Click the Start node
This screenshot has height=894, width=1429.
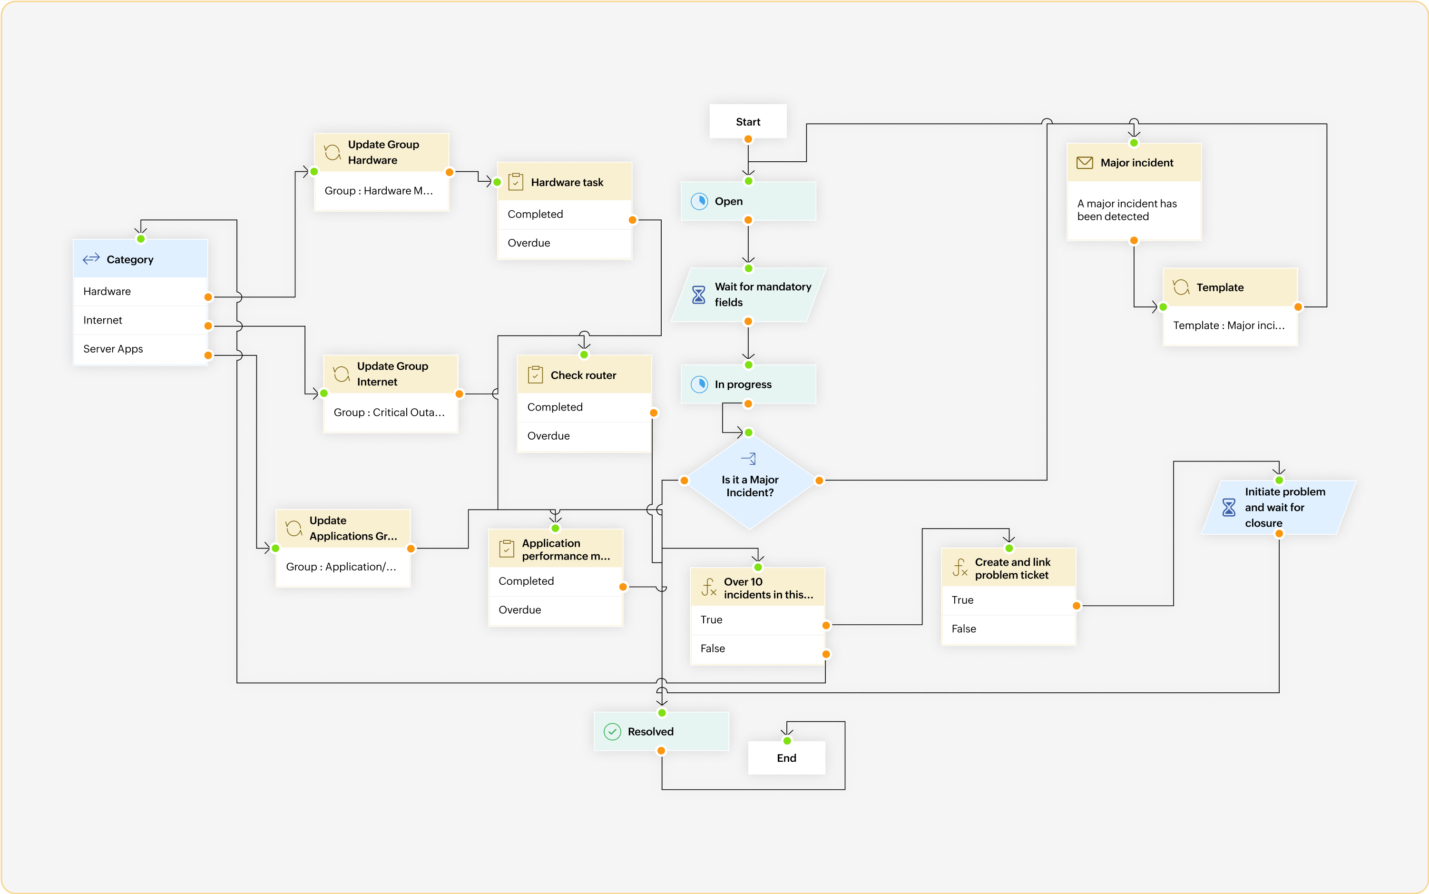pyautogui.click(x=748, y=122)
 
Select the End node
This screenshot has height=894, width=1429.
pyautogui.click(x=786, y=758)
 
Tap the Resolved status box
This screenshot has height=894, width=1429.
pyautogui.click(x=661, y=731)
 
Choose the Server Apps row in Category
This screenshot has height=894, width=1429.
pyautogui.click(x=140, y=349)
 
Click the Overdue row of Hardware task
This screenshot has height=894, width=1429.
pyautogui.click(x=564, y=243)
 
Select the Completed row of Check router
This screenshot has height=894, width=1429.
pyautogui.click(x=584, y=407)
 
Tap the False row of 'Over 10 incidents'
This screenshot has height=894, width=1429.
pyautogui.click(x=756, y=648)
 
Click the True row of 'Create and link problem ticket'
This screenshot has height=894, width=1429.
pyautogui.click(x=1008, y=600)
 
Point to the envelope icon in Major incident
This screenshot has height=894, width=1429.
pyautogui.click(x=1085, y=163)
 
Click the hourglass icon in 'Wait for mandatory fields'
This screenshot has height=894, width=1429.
pyautogui.click(x=698, y=295)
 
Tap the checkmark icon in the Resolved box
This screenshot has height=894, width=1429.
pyautogui.click(x=612, y=732)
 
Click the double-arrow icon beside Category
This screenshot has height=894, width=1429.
pyautogui.click(x=91, y=259)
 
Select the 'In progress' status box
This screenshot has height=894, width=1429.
pyautogui.click(x=748, y=384)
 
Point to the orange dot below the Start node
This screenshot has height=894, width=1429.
pyautogui.click(x=748, y=139)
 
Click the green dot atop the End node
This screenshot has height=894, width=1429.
pyautogui.click(x=787, y=741)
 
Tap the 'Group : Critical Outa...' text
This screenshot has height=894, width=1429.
pyautogui.click(x=389, y=413)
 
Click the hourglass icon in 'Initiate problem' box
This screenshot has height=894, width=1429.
pyautogui.click(x=1229, y=507)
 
